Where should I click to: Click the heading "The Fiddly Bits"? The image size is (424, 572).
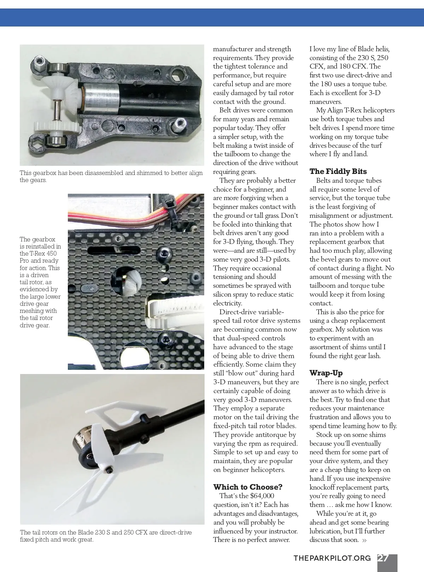(x=338, y=171)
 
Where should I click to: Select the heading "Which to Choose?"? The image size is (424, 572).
(x=248, y=487)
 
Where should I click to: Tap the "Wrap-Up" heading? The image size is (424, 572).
(x=326, y=373)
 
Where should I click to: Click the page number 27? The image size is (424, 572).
(x=384, y=558)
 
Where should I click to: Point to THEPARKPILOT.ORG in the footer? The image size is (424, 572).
(x=332, y=558)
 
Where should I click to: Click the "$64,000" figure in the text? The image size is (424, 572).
(x=262, y=496)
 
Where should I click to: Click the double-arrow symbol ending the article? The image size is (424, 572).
(x=364, y=540)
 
